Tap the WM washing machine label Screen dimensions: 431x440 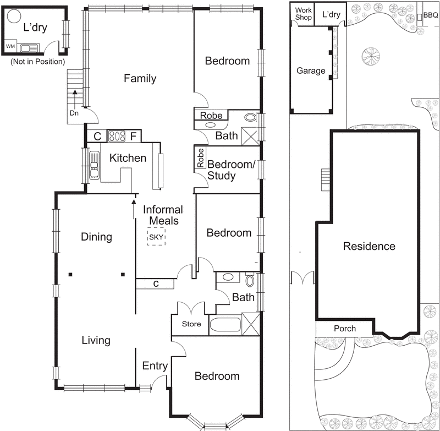tap(10, 46)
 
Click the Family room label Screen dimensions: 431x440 tap(139, 79)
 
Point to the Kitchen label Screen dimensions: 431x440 tap(128, 159)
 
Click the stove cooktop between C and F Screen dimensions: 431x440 tap(116, 136)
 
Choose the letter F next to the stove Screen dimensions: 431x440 tap(134, 136)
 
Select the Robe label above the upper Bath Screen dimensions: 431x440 tap(211, 116)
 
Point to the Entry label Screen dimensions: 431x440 tap(155, 366)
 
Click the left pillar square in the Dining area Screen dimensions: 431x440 tap(70, 274)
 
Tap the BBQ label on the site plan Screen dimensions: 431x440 tap(430, 16)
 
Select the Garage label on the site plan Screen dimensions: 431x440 tap(311, 71)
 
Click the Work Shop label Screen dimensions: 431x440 tap(304, 14)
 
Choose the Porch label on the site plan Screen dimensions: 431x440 tap(345, 329)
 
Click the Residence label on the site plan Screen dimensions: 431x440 tap(369, 246)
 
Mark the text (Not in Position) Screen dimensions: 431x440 tap(37, 62)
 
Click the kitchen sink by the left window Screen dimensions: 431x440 tap(95, 164)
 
